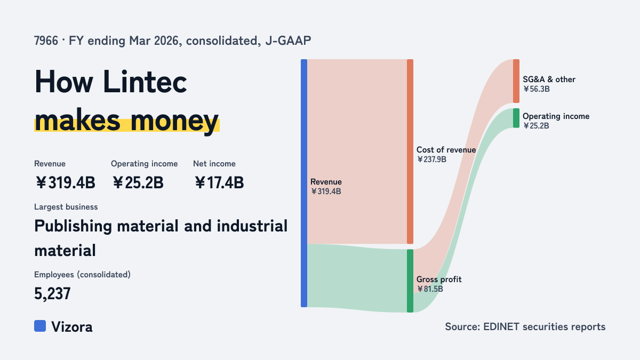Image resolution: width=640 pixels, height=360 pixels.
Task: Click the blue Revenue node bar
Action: tap(304, 183)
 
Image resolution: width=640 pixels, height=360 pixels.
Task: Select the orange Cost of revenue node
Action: tap(410, 151)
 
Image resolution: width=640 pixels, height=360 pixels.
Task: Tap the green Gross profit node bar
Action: tap(410, 281)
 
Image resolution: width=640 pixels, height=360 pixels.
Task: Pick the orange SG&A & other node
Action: tap(516, 81)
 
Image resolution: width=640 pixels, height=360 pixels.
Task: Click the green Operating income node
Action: tap(516, 118)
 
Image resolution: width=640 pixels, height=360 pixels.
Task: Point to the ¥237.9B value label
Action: tap(431, 159)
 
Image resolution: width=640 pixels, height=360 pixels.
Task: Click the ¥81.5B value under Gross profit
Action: tap(430, 289)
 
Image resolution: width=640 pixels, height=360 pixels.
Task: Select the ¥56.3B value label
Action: tap(537, 89)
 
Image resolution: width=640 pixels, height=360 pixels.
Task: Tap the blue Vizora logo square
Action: tap(40, 326)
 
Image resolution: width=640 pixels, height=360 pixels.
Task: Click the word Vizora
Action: tap(72, 327)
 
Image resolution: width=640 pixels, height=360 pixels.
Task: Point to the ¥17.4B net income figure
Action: tap(219, 182)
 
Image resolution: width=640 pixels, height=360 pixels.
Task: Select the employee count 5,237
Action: tap(52, 293)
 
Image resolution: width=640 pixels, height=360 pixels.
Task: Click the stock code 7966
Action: tap(46, 41)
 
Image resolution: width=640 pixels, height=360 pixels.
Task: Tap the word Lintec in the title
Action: tap(145, 82)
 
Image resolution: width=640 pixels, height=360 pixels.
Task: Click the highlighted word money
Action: tap(174, 121)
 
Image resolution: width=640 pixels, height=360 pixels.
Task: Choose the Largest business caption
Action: tap(66, 207)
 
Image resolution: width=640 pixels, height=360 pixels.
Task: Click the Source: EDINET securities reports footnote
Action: tap(525, 326)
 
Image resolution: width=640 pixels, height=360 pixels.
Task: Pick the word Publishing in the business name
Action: tap(73, 227)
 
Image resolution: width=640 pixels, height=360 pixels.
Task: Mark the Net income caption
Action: tap(214, 164)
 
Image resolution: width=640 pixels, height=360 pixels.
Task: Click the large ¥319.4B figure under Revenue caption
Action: tap(66, 182)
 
